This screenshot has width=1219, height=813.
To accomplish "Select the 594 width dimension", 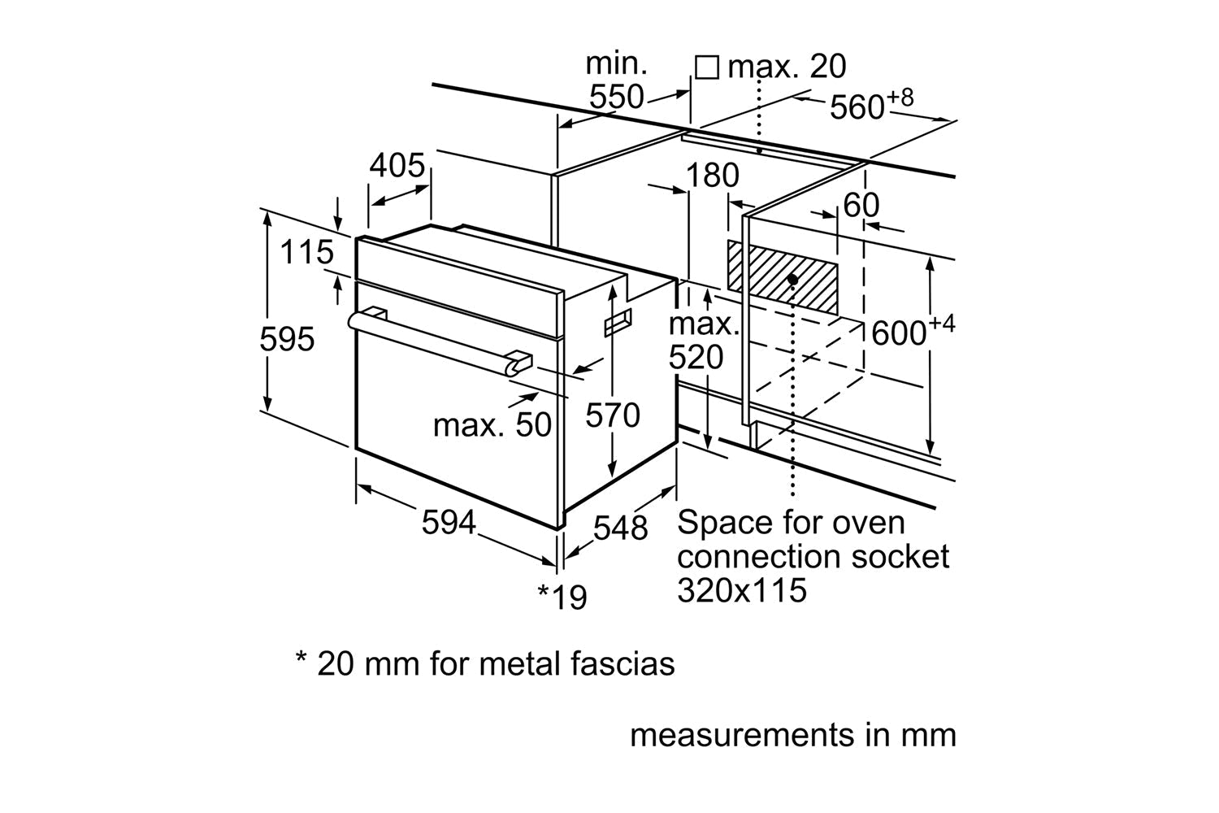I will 449,522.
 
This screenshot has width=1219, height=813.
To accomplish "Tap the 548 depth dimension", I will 621,528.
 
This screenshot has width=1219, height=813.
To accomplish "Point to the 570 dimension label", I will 614,415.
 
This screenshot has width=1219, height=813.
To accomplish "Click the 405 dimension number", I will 397,166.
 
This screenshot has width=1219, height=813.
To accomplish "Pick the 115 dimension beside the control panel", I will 307,252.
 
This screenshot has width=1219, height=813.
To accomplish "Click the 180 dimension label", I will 713,176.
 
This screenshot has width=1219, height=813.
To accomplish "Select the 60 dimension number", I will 861,206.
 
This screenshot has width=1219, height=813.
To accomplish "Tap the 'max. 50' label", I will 492,424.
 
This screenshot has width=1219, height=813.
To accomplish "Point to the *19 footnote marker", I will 562,598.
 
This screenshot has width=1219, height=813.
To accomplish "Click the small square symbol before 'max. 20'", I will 707,67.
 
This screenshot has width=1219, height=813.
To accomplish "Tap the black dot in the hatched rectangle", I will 792,279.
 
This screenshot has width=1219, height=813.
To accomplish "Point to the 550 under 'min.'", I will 616,97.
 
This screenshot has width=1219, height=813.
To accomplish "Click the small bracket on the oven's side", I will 618,323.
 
